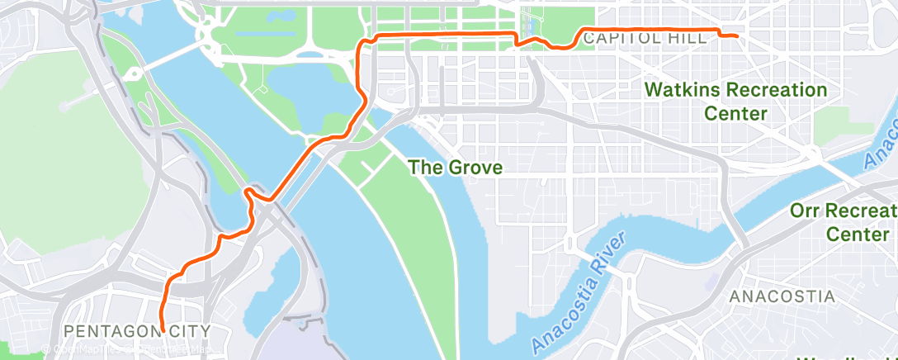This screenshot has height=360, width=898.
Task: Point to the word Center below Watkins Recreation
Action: pos(735,113)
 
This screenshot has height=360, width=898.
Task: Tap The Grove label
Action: pos(456,168)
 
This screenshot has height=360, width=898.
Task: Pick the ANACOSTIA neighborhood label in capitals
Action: pos(782,296)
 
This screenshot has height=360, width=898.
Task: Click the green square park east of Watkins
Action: pos(831,125)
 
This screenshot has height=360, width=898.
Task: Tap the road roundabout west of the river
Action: pos(133,73)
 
